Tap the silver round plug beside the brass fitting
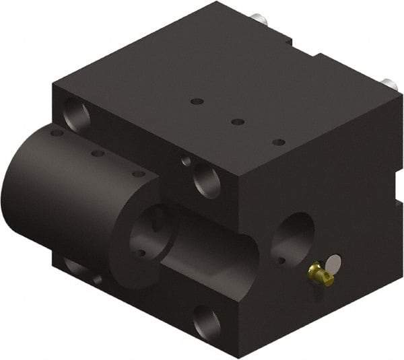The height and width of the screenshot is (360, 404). pyautogui.click(x=333, y=262)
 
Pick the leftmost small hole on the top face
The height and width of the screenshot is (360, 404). pyautogui.click(x=197, y=102)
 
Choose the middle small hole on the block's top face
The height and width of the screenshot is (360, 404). pyautogui.click(x=237, y=122)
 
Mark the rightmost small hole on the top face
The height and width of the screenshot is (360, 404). pyautogui.click(x=279, y=142)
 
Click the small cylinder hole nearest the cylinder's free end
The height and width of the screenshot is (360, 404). pyautogui.click(x=57, y=133)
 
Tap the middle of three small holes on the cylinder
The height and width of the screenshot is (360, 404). pyautogui.click(x=98, y=153)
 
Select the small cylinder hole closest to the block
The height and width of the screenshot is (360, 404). pyautogui.click(x=138, y=174)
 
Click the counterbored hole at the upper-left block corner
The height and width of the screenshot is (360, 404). pyautogui.click(x=75, y=113)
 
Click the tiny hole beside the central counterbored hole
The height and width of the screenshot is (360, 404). pyautogui.click(x=186, y=161)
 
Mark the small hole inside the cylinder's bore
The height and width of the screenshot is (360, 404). pyautogui.click(x=141, y=253)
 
